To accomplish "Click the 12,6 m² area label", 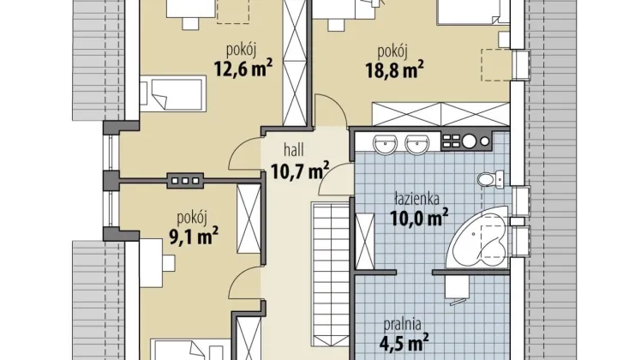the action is (243, 69).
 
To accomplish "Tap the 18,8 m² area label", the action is (395, 69).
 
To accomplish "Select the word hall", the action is (294, 149).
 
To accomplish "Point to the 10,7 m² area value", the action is (300, 171).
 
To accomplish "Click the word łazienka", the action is (417, 199).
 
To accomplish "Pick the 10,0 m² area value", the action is (419, 218).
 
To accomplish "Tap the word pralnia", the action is (403, 324).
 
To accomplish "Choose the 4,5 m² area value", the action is (404, 343).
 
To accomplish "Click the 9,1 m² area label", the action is (194, 236).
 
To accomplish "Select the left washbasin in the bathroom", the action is (385, 144).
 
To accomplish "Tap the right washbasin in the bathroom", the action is (417, 144).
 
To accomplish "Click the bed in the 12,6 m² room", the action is (173, 93).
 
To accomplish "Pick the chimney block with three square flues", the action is (185, 181).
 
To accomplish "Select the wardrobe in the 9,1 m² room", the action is (249, 219).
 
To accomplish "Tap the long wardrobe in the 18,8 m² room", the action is (440, 114).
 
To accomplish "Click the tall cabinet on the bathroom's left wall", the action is (365, 242).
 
